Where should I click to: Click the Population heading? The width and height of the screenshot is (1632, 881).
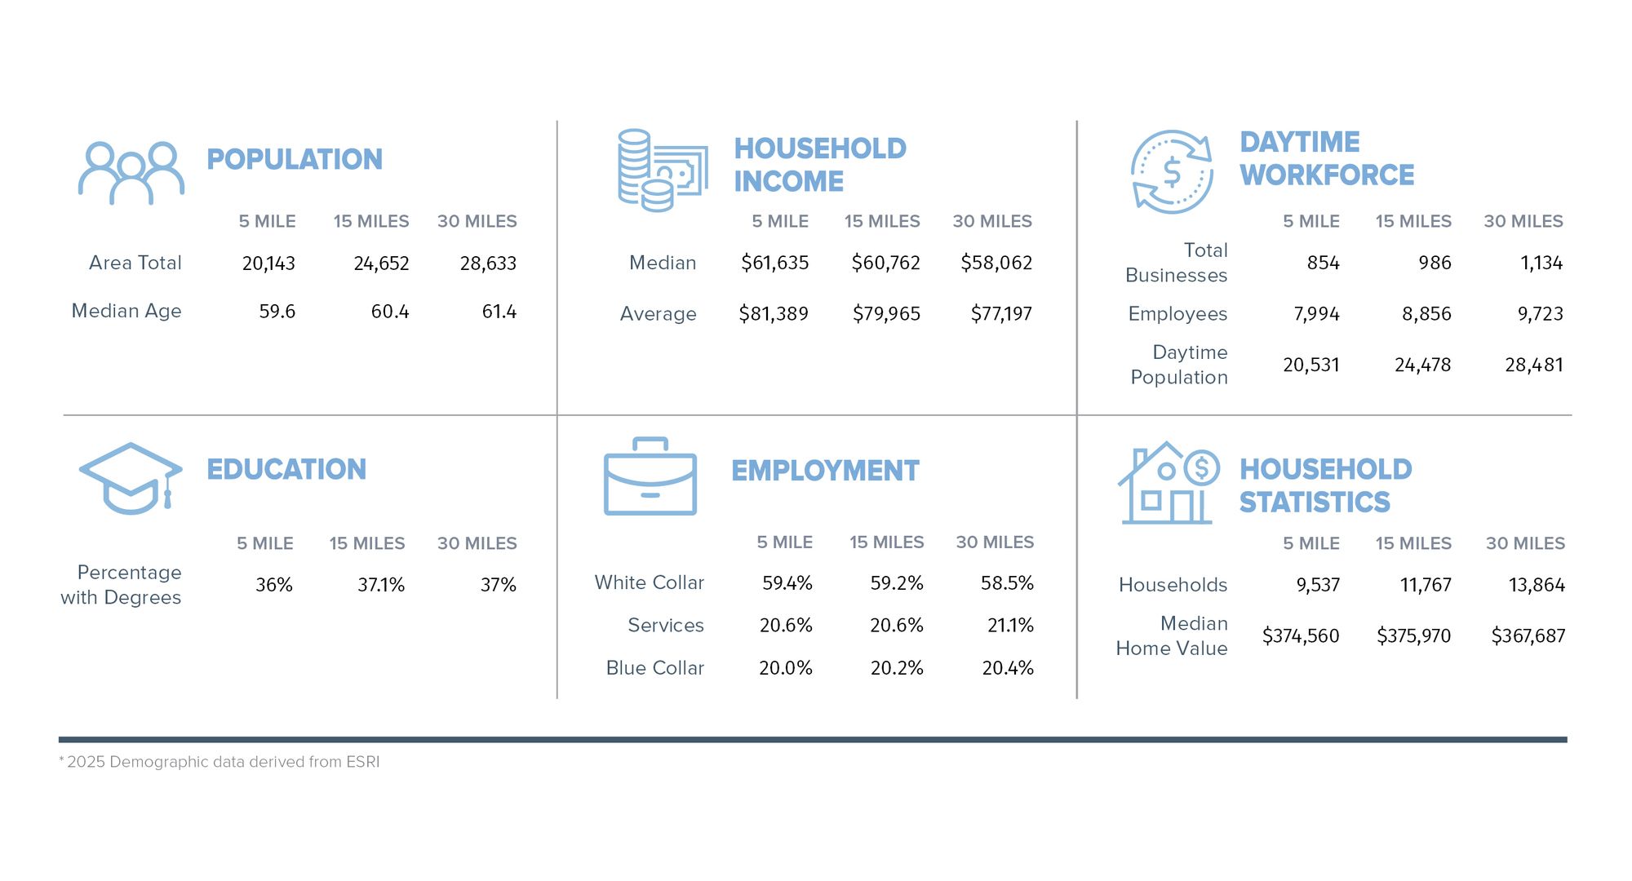[294, 159]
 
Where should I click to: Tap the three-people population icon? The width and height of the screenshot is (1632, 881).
[131, 172]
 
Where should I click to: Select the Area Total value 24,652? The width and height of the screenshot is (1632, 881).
[381, 263]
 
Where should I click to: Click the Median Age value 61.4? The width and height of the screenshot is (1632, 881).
[499, 312]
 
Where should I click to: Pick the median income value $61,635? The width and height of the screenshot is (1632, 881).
[774, 263]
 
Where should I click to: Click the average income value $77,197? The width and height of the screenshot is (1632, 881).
[1001, 314]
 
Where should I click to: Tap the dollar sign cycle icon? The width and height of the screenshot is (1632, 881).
[1172, 172]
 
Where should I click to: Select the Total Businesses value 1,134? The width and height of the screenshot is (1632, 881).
[1541, 263]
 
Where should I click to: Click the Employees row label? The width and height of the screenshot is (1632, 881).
[1177, 314]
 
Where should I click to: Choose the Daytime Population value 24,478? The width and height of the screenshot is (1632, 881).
[1422, 365]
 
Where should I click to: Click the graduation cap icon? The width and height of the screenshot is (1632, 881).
[131, 478]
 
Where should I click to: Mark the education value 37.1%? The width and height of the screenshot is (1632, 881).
[381, 585]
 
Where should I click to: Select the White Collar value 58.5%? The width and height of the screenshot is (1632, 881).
[1007, 583]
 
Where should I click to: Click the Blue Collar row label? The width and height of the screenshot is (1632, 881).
[654, 668]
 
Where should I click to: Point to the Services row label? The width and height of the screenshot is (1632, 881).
[665, 626]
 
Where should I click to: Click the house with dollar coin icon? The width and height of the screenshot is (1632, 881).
[1168, 483]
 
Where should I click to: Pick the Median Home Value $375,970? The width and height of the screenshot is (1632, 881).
[1413, 635]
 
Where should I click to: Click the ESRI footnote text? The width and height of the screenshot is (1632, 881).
[220, 762]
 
